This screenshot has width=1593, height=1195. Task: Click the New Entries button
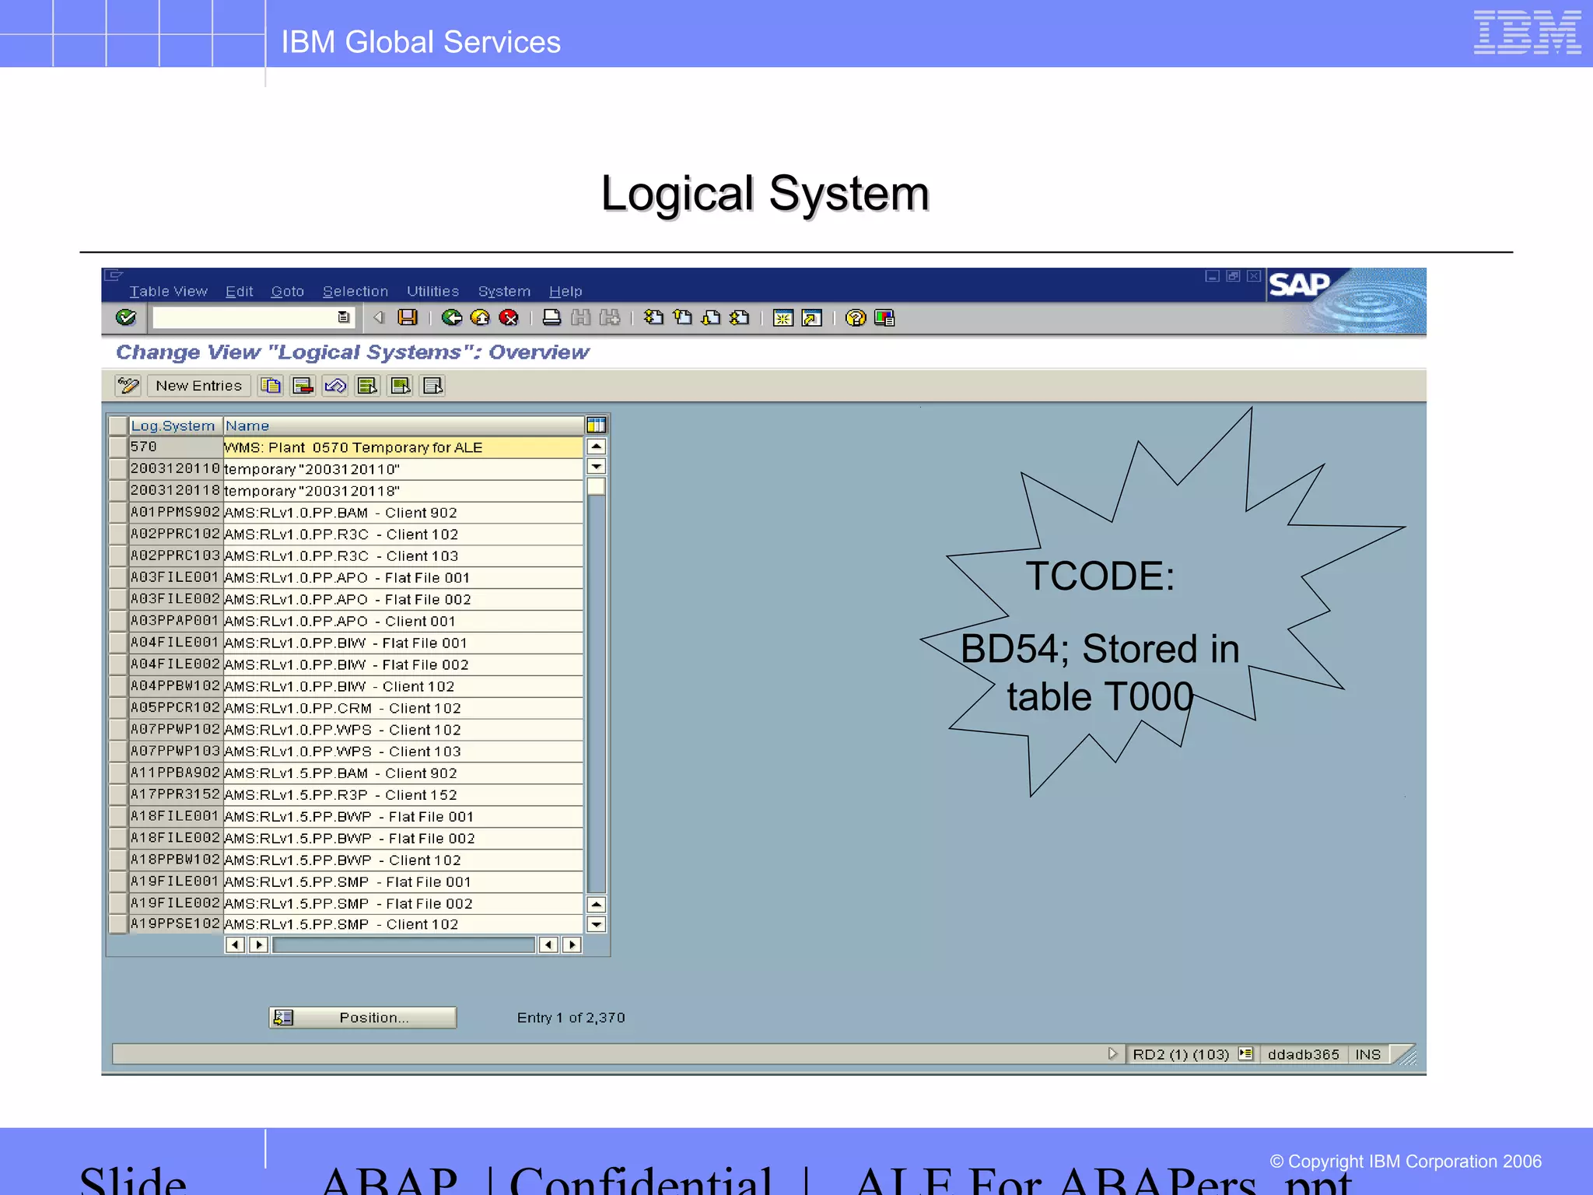pyautogui.click(x=198, y=386)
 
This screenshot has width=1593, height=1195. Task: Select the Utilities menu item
pyautogui.click(x=432, y=291)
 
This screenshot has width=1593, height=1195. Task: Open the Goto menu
pyautogui.click(x=287, y=291)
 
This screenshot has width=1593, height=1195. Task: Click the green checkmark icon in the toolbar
pyautogui.click(x=125, y=317)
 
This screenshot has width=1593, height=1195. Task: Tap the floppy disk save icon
pyautogui.click(x=408, y=317)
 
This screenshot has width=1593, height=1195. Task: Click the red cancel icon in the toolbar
pyautogui.click(x=509, y=317)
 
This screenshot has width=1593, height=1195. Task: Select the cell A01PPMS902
pyautogui.click(x=175, y=512)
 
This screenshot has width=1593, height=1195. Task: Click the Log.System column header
pyautogui.click(x=173, y=426)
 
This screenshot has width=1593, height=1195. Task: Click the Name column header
pyautogui.click(x=247, y=426)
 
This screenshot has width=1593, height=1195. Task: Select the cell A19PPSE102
pyautogui.click(x=175, y=923)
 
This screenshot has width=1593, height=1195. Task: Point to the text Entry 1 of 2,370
pyautogui.click(x=570, y=1018)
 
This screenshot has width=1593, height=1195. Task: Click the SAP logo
pyautogui.click(x=1299, y=285)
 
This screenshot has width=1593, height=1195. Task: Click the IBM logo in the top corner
pyautogui.click(x=1527, y=33)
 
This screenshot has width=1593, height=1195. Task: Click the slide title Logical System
pyautogui.click(x=765, y=193)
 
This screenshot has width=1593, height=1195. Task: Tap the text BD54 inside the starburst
pyautogui.click(x=1003, y=649)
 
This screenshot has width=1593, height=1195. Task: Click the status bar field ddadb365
pyautogui.click(x=1303, y=1054)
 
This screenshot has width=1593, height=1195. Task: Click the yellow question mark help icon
pyautogui.click(x=855, y=317)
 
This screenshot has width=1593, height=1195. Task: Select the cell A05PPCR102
pyautogui.click(x=175, y=707)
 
